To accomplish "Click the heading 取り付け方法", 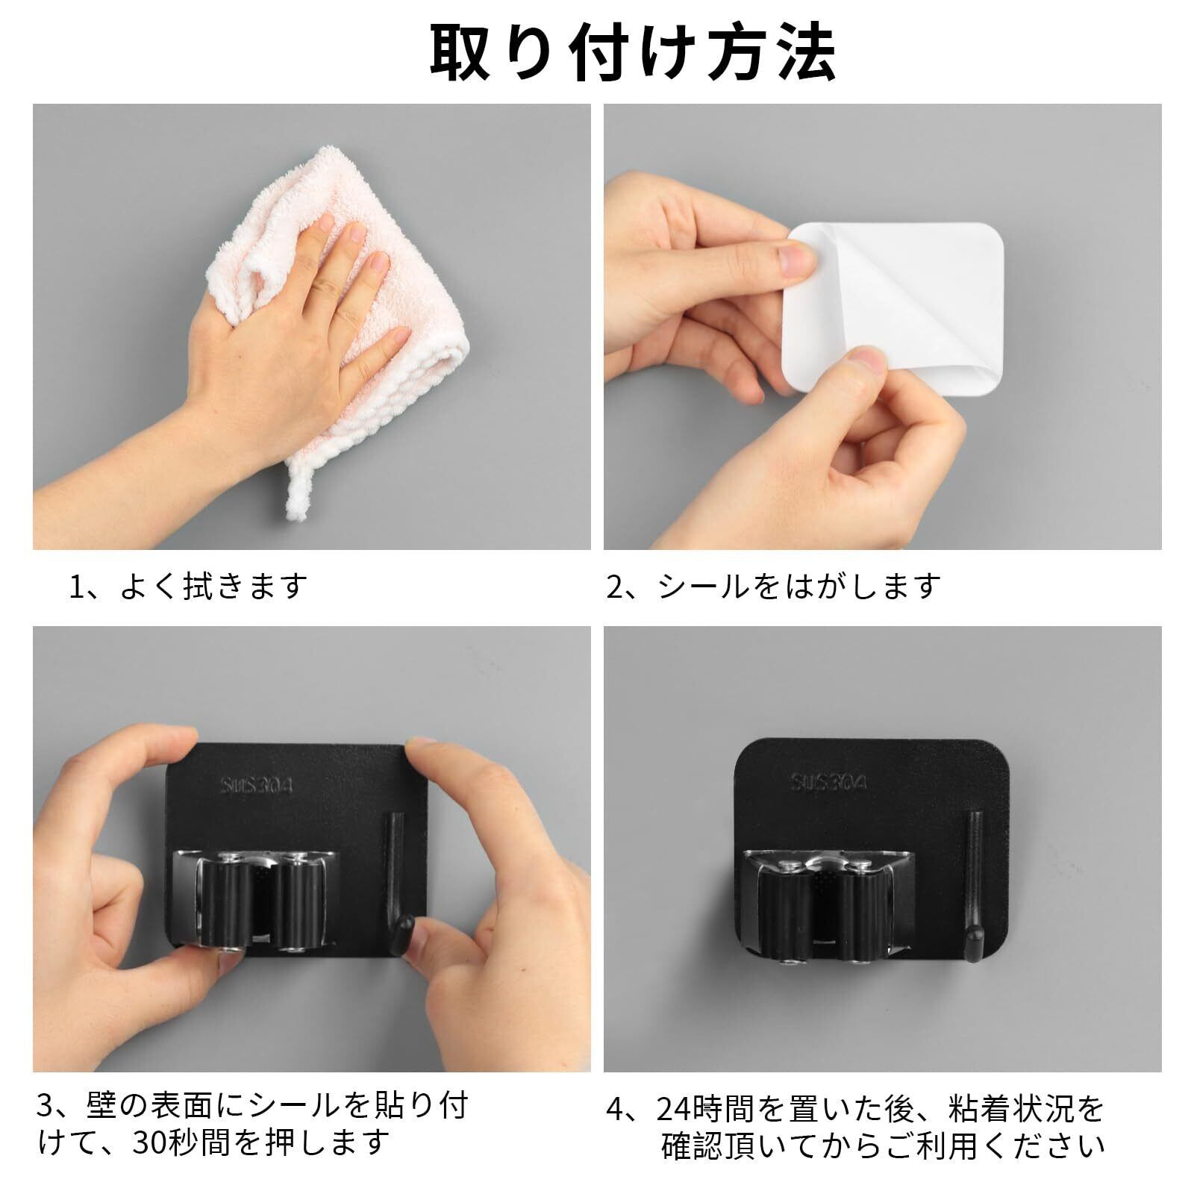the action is [633, 52].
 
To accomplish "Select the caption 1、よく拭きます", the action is [188, 586].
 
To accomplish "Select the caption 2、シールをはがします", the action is [772, 586].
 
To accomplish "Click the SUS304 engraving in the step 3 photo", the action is [256, 784].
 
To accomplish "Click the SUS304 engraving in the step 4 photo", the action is [828, 781].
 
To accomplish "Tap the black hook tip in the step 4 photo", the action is [975, 936].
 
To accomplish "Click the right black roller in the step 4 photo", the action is [858, 914].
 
